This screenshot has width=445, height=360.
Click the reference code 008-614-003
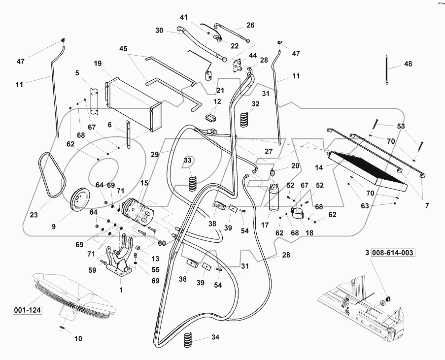pyautogui.click(x=393, y=253)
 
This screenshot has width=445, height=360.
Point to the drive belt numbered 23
pyautogui.click(x=50, y=175)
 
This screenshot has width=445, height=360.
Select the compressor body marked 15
pyautogui.click(x=138, y=211)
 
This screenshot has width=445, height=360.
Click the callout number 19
pyautogui.click(x=98, y=64)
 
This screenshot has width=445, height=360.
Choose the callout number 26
pyautogui.click(x=250, y=25)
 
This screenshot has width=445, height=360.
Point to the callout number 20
pyautogui.click(x=295, y=165)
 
